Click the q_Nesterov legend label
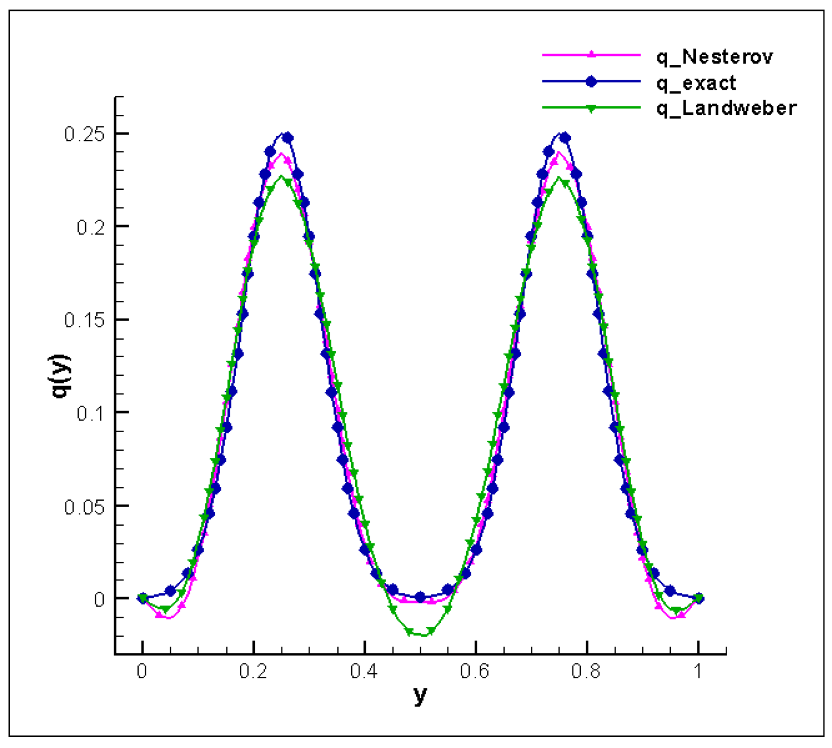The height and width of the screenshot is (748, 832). click(x=714, y=56)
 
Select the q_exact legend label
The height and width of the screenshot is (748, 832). click(x=696, y=83)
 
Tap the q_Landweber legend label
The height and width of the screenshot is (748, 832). click(x=726, y=108)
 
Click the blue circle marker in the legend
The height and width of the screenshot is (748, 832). click(x=591, y=81)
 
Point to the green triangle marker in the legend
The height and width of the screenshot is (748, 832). click(x=591, y=108)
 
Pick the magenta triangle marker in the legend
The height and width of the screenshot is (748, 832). click(x=591, y=54)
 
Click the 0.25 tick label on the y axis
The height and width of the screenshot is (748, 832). click(x=84, y=134)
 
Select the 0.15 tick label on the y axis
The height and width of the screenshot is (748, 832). click(x=84, y=320)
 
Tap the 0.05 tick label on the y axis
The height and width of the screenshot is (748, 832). click(x=84, y=507)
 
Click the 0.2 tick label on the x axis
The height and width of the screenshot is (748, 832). click(x=253, y=671)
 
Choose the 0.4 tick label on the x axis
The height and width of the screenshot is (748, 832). click(x=364, y=671)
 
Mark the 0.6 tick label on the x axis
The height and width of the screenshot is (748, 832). click(x=475, y=671)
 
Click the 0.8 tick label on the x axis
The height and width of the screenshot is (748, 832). click(x=586, y=671)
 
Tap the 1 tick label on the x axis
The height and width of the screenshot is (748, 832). click(x=698, y=671)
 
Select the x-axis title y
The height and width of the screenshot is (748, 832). click(x=420, y=694)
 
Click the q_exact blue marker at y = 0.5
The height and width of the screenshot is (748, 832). click(x=420, y=597)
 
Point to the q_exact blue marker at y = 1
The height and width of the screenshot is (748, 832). click(x=699, y=599)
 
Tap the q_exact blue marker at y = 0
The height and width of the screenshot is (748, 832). click(x=143, y=599)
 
